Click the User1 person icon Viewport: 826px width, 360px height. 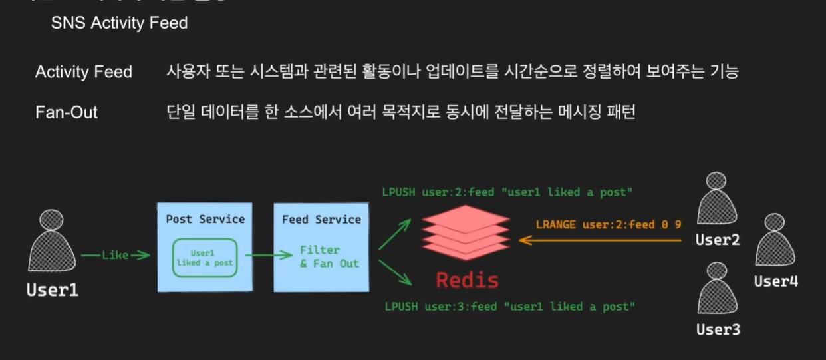point(51,243)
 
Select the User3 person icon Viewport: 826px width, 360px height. point(716,290)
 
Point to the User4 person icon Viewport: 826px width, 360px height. point(775,241)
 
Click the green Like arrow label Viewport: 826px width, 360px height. point(115,255)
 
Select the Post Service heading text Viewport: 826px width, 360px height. point(205,219)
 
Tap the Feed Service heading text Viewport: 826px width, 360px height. point(321,219)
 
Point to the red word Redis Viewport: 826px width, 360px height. point(467,280)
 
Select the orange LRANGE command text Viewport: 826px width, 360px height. point(609,225)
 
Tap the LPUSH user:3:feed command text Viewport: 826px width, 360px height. point(509,307)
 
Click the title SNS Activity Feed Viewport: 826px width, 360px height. point(120,23)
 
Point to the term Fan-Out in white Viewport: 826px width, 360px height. point(67,112)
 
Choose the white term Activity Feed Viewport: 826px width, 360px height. point(84,72)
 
